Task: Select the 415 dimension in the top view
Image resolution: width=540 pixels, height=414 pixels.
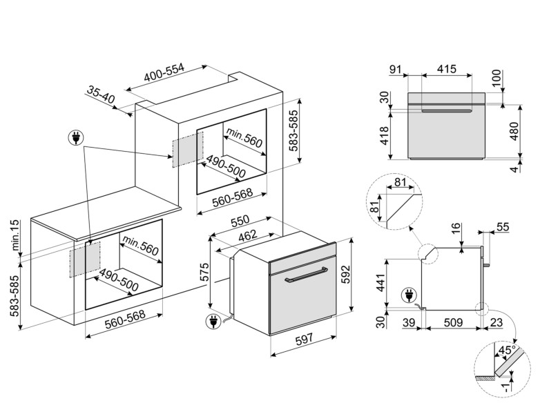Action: pos(447,69)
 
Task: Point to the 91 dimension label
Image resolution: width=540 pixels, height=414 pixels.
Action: pos(396,69)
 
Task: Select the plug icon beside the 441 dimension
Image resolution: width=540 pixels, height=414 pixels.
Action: pos(408,295)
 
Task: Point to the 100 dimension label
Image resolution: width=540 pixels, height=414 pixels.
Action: pos(514,77)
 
